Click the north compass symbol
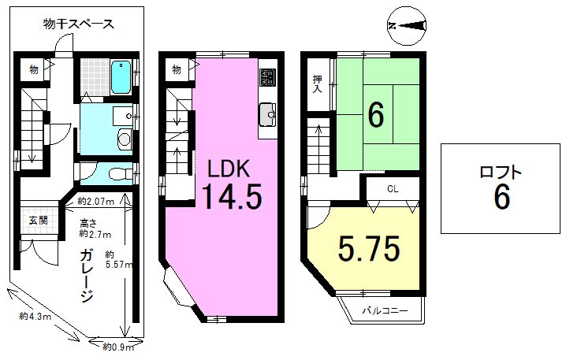407,26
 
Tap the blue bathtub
121,77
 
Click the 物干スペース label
78,24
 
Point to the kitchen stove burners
268,77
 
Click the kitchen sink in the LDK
267,114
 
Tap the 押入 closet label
318,84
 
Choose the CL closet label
393,189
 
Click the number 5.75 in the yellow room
369,248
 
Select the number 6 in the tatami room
376,116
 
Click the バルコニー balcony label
385,310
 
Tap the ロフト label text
501,173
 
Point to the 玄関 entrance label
39,220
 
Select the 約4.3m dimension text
35,317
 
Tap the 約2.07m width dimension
95,202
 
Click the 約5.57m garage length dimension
119,260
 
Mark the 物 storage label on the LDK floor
176,69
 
